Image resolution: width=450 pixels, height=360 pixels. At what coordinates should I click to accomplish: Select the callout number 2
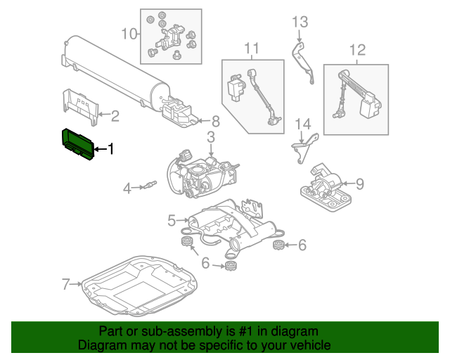(115, 116)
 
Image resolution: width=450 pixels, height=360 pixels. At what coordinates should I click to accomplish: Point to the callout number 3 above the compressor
(210, 136)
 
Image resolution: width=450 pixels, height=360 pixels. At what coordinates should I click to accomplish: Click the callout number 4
(127, 188)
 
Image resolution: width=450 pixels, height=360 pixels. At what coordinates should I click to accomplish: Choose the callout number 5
(172, 221)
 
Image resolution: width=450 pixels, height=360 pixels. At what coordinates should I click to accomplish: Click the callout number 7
(67, 285)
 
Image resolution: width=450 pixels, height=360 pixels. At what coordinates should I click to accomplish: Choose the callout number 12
(357, 50)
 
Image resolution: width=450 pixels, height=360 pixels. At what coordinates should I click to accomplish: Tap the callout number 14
(302, 125)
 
